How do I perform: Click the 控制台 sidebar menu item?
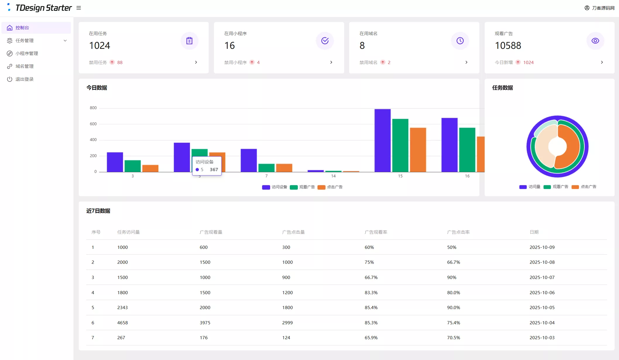tap(22, 28)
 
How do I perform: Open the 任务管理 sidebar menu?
tap(25, 41)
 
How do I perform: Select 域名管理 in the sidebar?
tap(25, 66)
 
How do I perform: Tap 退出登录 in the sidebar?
tap(25, 79)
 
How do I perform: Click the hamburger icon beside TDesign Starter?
tap(79, 8)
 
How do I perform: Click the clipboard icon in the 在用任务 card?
tap(189, 41)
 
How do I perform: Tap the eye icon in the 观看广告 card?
tap(595, 41)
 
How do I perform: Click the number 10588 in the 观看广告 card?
tap(508, 46)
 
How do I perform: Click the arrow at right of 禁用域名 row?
tap(466, 62)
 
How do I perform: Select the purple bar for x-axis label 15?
tap(382, 140)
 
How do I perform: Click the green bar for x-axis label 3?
tap(133, 166)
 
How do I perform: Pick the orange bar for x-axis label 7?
tap(284, 168)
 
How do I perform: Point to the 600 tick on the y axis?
tap(93, 124)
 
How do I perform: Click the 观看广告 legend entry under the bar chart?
tap(302, 187)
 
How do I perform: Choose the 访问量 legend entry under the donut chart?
tap(530, 187)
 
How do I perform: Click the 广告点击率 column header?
tap(458, 232)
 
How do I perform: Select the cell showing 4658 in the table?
tap(122, 323)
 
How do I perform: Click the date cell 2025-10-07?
tap(542, 278)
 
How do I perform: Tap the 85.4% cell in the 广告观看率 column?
tap(371, 308)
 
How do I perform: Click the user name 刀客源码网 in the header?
tap(603, 8)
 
